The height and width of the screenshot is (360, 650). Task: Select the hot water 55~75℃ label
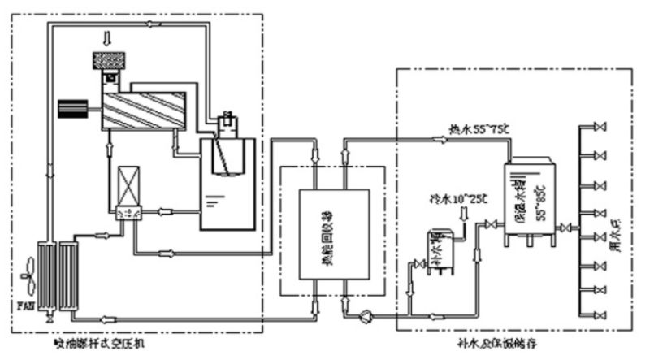click(479, 128)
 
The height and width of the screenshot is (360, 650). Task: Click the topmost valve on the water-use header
click(601, 128)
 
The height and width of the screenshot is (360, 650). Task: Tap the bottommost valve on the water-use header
click(601, 314)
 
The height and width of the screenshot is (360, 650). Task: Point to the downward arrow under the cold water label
click(464, 215)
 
